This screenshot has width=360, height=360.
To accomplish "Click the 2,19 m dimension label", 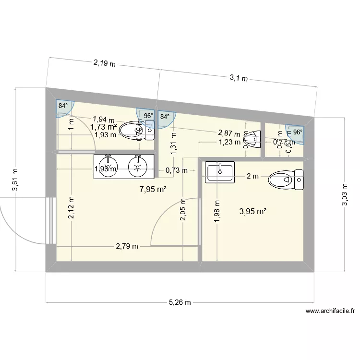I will [104, 62].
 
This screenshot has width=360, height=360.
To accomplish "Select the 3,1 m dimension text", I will [238, 78].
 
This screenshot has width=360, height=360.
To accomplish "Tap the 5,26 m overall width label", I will [180, 302].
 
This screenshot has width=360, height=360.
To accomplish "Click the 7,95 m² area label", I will [153, 189].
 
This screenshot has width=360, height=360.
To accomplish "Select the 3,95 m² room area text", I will [252, 211].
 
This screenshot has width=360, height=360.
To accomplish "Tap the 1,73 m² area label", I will [104, 127].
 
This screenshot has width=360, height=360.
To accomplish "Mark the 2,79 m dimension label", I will [127, 246].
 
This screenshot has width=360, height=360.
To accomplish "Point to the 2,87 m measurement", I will [229, 132].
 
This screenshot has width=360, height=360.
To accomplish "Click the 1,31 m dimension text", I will [173, 143].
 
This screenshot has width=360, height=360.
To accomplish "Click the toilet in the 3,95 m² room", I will [286, 180].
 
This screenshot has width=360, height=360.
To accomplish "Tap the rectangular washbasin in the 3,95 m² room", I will [219, 172].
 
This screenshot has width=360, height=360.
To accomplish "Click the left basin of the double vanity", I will [109, 166].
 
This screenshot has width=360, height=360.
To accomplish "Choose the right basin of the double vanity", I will [138, 166].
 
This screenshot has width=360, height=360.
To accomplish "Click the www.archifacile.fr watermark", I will [330, 311].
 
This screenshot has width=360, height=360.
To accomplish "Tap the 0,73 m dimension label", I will [177, 170].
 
